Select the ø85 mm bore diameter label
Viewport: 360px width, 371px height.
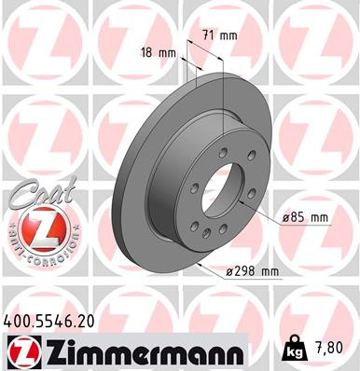pyautogui.click(x=306, y=217)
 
